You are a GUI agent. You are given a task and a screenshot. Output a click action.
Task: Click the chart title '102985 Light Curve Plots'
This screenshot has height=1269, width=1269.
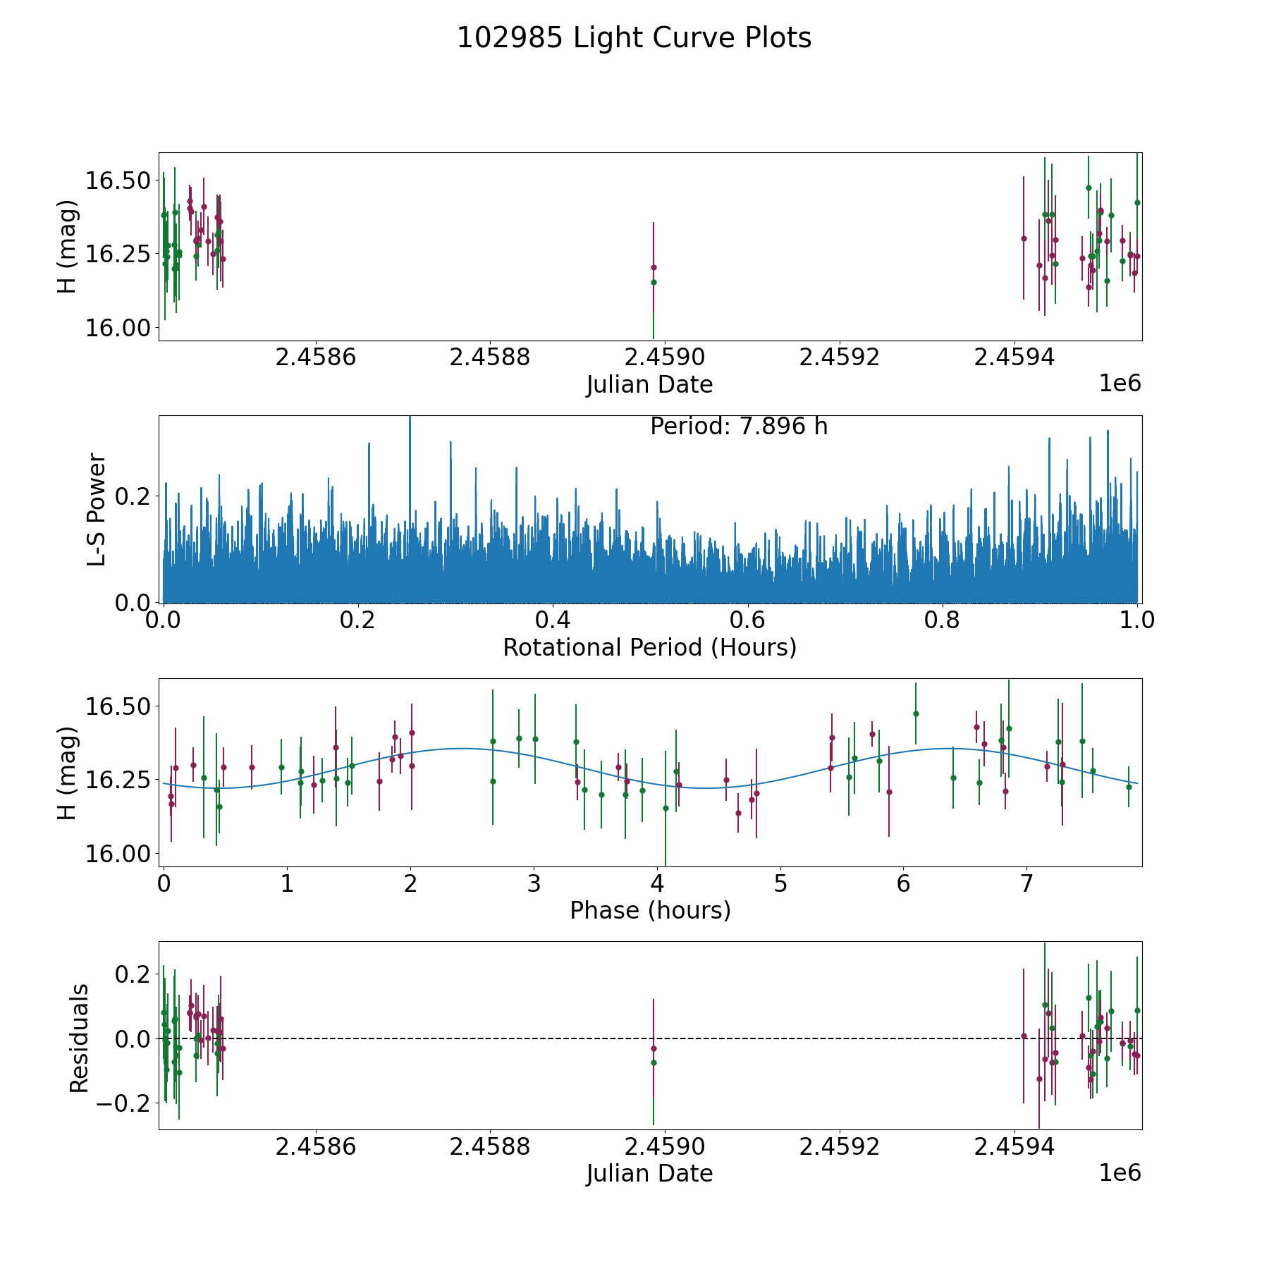click(x=634, y=38)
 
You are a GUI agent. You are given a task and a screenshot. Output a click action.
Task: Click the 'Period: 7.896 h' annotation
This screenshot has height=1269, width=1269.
click(x=738, y=427)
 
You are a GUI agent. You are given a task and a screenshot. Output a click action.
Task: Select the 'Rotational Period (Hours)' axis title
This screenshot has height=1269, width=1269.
click(x=649, y=647)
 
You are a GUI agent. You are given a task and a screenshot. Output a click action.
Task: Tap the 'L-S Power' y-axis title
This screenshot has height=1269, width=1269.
click(x=97, y=509)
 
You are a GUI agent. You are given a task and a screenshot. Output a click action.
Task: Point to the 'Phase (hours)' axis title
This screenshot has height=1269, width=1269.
click(x=649, y=910)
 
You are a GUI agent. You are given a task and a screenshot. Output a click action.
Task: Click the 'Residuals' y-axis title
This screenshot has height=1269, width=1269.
click(x=79, y=1038)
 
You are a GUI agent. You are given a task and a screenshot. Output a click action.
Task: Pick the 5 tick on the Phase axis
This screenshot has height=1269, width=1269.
click(x=780, y=883)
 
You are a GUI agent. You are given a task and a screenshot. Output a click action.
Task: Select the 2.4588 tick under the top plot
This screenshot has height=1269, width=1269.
click(x=489, y=357)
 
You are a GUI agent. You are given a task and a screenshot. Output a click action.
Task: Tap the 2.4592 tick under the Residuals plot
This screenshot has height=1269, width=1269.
click(x=839, y=1147)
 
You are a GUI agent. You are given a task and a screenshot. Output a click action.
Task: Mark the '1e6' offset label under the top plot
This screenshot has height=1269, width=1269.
click(x=1120, y=384)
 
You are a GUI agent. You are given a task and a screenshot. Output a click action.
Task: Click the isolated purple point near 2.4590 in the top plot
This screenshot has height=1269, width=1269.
click(x=654, y=267)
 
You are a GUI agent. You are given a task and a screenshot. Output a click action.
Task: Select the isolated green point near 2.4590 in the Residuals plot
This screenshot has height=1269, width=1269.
click(x=654, y=1062)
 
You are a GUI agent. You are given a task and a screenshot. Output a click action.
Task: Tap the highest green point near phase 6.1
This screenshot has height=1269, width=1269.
click(x=916, y=713)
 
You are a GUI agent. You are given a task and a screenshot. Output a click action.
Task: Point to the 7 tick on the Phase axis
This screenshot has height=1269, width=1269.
click(x=1026, y=883)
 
